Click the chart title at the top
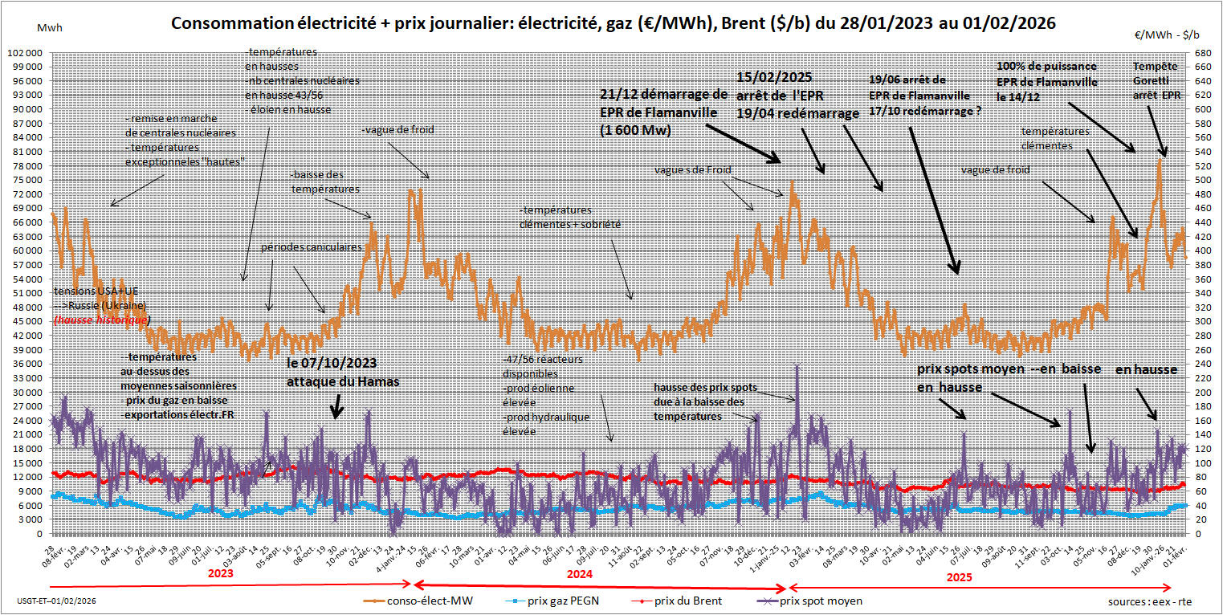613,25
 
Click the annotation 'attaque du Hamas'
343,383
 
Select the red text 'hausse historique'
100,320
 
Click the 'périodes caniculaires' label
311,248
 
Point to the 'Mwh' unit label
49,27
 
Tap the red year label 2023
220,575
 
